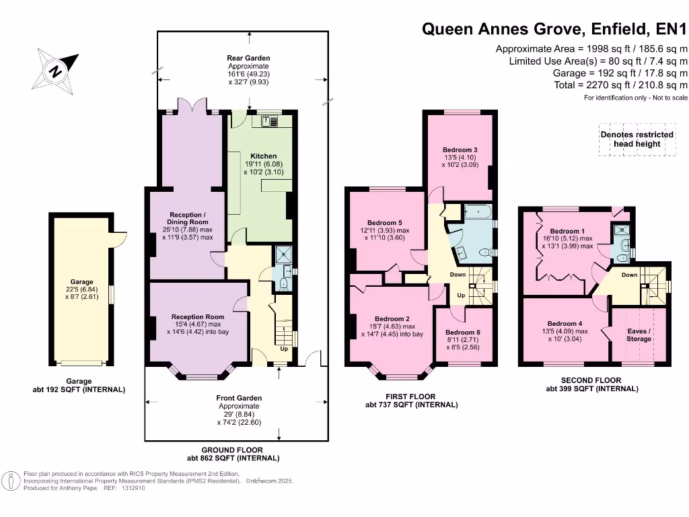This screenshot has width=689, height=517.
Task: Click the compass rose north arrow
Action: click(x=57, y=69)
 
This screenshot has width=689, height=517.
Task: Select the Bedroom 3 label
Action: click(x=460, y=149)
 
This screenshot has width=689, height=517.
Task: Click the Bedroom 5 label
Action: click(x=385, y=223)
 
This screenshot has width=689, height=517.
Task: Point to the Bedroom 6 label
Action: click(x=463, y=333)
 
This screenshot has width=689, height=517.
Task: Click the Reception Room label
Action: click(x=197, y=316)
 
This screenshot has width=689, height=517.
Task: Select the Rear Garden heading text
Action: click(x=248, y=59)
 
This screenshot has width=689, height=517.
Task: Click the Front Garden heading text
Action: click(x=239, y=398)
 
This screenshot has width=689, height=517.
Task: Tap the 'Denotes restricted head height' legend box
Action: click(x=636, y=139)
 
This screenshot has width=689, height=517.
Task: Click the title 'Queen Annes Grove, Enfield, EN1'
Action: click(x=555, y=29)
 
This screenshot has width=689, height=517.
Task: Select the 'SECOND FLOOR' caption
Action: click(x=591, y=380)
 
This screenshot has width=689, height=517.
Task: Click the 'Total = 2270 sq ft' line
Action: click(x=620, y=85)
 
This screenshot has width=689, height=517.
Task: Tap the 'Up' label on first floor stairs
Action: click(x=461, y=296)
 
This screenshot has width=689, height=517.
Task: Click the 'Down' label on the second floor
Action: click(x=629, y=275)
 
